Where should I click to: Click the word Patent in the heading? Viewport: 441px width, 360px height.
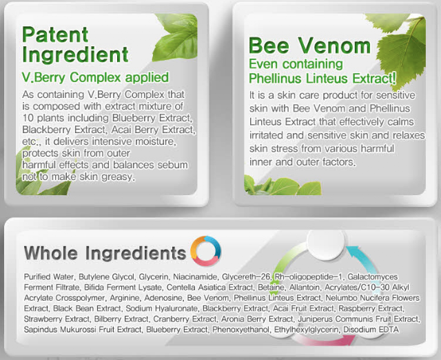55,34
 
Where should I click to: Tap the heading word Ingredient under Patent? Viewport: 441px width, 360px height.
75,54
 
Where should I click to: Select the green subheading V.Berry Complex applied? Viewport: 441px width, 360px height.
95,77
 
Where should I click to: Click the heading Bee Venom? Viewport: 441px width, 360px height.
310,46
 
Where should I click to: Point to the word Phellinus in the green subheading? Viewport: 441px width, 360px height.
276,78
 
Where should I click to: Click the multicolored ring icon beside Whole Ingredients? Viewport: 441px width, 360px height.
205,251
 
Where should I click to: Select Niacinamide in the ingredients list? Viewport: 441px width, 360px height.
195,277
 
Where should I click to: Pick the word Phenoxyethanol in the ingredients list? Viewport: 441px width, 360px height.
240,330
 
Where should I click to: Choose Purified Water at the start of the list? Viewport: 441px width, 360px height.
49,277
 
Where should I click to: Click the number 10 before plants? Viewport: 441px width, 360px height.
28,118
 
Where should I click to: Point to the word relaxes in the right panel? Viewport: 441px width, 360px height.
409,135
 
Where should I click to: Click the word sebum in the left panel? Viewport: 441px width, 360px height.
172,165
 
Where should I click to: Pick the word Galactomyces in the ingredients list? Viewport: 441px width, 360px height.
372,277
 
